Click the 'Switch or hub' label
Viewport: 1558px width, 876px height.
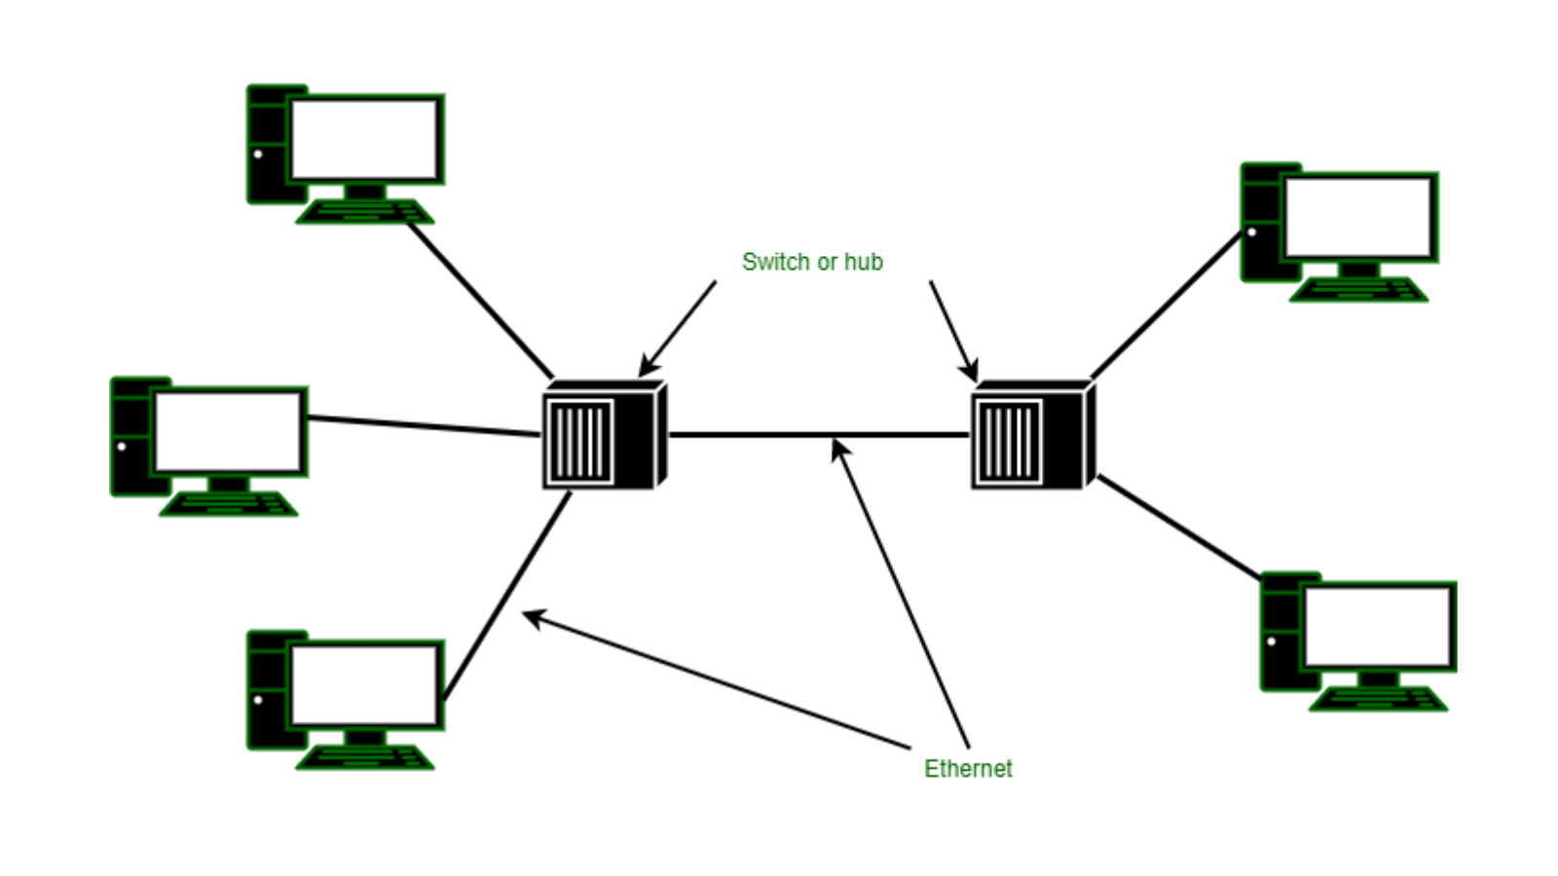tap(812, 262)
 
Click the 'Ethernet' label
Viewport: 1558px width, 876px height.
tap(968, 768)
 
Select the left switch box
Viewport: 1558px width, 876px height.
tap(605, 435)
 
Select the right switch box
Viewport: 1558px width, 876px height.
tap(1033, 435)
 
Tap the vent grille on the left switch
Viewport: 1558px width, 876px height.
tap(580, 442)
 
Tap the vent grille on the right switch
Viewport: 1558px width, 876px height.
tap(1009, 442)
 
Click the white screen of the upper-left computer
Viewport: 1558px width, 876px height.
tap(364, 139)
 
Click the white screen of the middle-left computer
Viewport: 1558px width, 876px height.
tap(228, 431)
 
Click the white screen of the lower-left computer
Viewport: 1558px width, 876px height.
tap(364, 685)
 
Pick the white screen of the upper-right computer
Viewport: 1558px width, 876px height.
tap(1358, 217)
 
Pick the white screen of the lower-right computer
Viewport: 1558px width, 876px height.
tap(1377, 627)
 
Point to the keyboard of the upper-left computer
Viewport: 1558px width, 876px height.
tap(365, 211)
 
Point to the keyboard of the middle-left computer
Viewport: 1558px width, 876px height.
tap(229, 504)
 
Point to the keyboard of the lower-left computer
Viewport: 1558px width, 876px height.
tap(365, 757)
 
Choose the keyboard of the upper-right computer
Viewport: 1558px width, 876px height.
tap(1359, 290)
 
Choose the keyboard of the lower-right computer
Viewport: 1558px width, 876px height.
tap(1379, 699)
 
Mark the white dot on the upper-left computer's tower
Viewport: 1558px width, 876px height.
tap(258, 154)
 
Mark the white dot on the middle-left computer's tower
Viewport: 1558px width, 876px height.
tap(122, 447)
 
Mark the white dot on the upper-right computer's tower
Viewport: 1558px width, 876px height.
tap(1252, 232)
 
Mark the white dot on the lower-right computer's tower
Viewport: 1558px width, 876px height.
tap(1272, 641)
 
